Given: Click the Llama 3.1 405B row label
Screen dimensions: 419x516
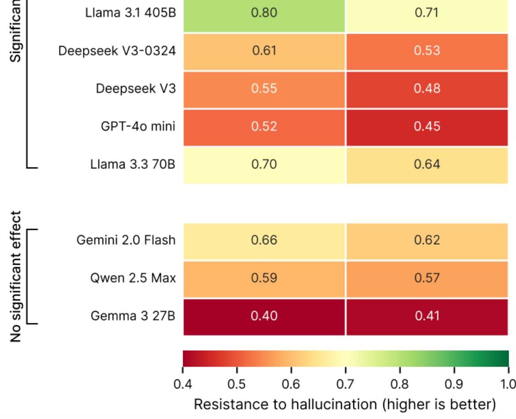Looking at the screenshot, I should (x=131, y=12).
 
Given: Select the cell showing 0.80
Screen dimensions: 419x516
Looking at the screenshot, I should (x=264, y=12).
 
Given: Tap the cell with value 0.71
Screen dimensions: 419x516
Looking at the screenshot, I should (x=426, y=12).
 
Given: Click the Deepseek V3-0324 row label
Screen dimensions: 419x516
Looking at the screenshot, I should (x=117, y=51).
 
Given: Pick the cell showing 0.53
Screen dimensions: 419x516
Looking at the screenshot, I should (x=426, y=51).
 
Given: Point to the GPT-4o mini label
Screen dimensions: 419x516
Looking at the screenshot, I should (x=138, y=127).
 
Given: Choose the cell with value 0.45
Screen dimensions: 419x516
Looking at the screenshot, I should (x=426, y=127).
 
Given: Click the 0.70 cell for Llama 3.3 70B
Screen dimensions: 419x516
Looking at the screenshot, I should (x=264, y=165).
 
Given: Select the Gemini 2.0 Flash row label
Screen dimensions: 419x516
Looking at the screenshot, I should (x=126, y=240).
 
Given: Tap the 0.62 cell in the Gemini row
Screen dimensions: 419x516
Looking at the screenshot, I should (x=426, y=240).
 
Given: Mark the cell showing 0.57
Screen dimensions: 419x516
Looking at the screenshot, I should (x=426, y=278).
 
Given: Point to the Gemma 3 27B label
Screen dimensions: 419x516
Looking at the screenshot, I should (x=133, y=316).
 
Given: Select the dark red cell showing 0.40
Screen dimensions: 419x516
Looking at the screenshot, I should (x=264, y=316).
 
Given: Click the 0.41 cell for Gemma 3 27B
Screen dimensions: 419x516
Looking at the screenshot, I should (x=426, y=316).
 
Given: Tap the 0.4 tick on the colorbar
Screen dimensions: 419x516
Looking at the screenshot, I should (x=183, y=384).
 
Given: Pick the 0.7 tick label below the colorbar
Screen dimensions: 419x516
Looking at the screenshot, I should (x=345, y=384).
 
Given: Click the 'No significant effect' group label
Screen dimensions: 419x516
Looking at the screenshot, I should (x=16, y=277).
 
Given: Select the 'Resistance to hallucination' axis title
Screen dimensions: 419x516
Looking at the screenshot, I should (x=345, y=404).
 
